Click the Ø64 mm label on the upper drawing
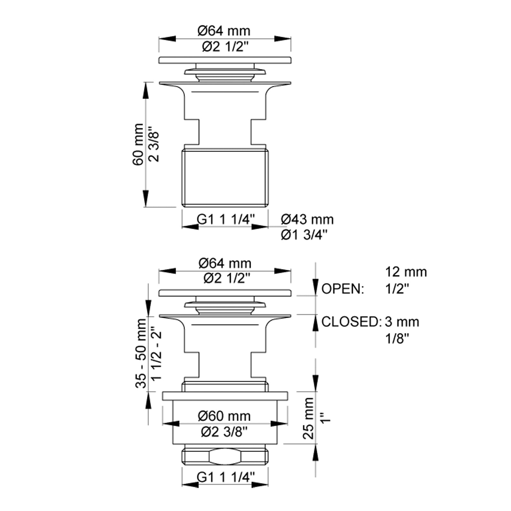pyautogui.click(x=224, y=31)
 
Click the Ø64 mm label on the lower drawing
pyautogui.click(x=225, y=263)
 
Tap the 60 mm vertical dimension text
pyautogui.click(x=138, y=144)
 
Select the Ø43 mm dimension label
pyautogui.click(x=307, y=219)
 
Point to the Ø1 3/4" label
pyautogui.click(x=304, y=235)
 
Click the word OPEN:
pyautogui.click(x=343, y=289)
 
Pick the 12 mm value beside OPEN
pyautogui.click(x=406, y=272)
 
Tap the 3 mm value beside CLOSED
pyautogui.click(x=402, y=322)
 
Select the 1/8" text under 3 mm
pyautogui.click(x=397, y=338)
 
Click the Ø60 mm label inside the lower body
pyautogui.click(x=224, y=416)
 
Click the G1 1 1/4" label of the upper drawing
pyautogui.click(x=225, y=219)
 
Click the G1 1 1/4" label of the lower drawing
pyautogui.click(x=225, y=477)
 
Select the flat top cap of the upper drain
pyautogui.click(x=225, y=60)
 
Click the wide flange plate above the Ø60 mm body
pyautogui.click(x=225, y=396)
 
